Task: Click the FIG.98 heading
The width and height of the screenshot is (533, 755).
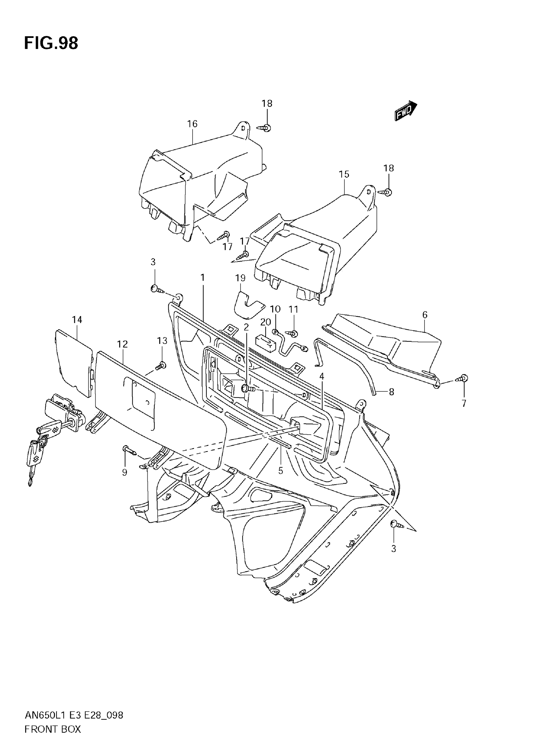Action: [x=51, y=43]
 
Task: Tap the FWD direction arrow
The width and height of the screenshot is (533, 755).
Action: [x=405, y=111]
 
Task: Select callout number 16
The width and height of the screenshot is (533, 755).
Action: [x=193, y=124]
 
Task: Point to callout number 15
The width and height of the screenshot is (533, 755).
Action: [x=344, y=174]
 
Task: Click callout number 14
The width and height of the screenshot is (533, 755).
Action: [x=77, y=319]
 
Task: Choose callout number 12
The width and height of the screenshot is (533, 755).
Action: [x=122, y=344]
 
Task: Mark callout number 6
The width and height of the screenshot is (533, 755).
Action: [x=425, y=315]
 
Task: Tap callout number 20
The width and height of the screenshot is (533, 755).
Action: [x=265, y=322]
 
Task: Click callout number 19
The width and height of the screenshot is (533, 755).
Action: [x=240, y=278]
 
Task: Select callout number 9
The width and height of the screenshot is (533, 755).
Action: [x=124, y=473]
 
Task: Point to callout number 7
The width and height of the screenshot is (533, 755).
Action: [x=464, y=403]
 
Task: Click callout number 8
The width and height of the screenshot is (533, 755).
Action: [x=391, y=392]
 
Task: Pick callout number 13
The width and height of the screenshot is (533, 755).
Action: [x=162, y=341]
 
